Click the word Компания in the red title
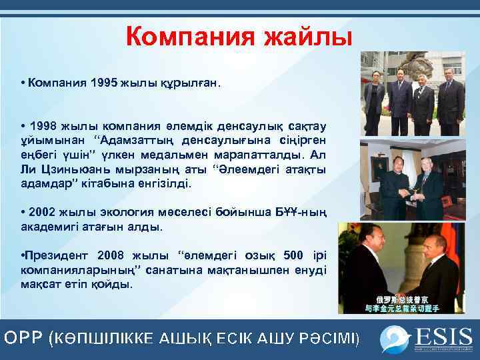(x=189, y=36)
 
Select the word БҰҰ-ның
(x=300, y=212)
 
